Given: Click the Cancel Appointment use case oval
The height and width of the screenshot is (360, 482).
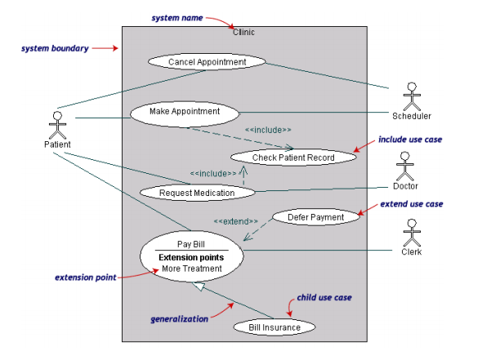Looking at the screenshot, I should pos(207,62).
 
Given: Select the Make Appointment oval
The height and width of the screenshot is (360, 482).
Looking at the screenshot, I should pos(185,111).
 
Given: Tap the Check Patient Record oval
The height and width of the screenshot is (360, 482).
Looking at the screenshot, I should pos(293,158).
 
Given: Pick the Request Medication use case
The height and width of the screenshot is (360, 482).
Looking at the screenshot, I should pos(197,193).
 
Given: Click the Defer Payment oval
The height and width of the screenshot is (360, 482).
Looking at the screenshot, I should pos(315,217).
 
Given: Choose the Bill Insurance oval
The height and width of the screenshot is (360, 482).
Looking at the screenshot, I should pos(274,327).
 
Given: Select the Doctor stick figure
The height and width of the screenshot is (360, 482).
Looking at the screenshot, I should pos(406,166).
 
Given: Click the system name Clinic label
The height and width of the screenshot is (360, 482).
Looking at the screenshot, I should pos(244,33).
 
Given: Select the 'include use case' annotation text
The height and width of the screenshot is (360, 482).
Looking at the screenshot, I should pos(409,140).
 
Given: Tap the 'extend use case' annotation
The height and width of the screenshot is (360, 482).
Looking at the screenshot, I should pos(412,203).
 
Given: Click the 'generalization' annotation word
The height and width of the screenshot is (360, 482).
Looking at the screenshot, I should pos(180,319).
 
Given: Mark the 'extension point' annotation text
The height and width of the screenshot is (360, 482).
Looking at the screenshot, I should pos(85,278).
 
